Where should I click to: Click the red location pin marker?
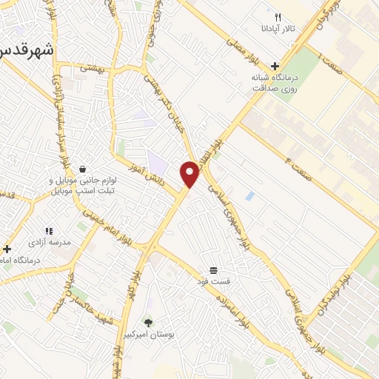point(190,174)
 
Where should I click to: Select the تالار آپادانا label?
point(281,29)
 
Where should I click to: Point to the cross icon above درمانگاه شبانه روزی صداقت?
point(275,66)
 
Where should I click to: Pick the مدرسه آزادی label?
point(49,242)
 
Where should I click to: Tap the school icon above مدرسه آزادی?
point(49,230)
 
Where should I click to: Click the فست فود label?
point(213,281)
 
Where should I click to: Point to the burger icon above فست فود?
point(213,269)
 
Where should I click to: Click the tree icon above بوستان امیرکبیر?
point(149,322)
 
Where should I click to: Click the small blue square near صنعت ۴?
point(249,196)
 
